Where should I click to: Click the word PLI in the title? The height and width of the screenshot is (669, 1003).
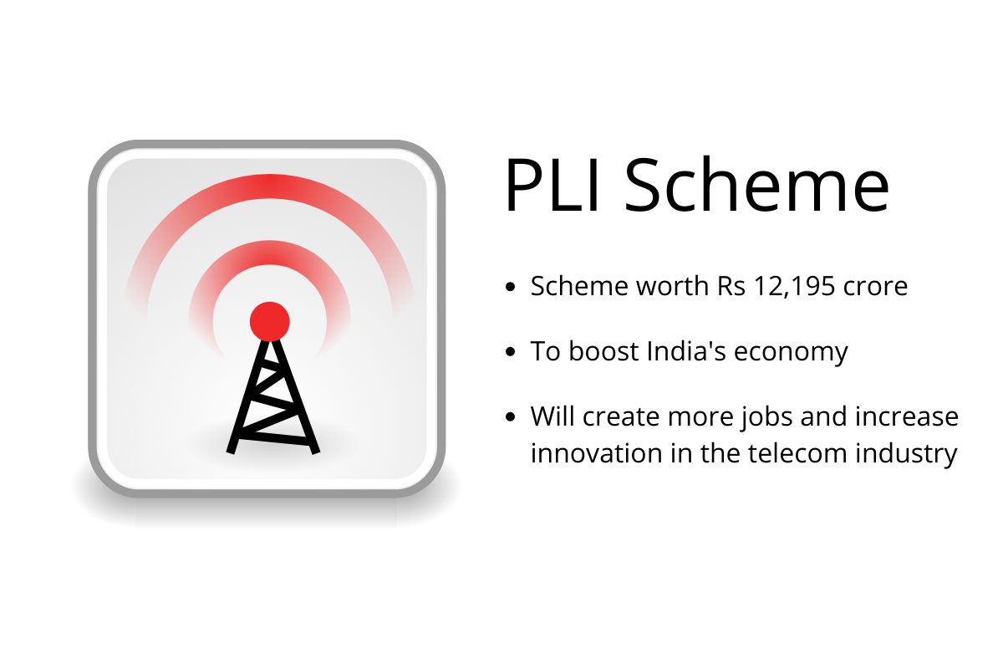pos(552,184)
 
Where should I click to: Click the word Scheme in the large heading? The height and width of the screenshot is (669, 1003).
pos(756,184)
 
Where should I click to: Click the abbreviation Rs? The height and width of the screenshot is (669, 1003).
pos(731,286)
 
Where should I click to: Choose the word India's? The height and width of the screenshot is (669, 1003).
pos(686,351)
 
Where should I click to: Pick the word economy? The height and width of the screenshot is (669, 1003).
pos(791,354)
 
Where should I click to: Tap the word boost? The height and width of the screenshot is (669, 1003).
pos(603,350)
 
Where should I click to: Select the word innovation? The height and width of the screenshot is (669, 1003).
pos(596,453)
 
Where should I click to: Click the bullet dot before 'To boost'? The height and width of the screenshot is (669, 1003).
pos(510,351)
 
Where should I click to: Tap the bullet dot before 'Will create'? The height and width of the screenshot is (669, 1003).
pos(510,417)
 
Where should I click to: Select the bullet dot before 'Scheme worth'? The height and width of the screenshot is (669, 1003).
pos(510,286)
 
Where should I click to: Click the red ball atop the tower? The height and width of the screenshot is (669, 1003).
pos(269,322)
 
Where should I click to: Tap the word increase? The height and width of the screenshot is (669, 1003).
pos(906,416)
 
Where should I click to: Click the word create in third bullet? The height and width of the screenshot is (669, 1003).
pos(621,417)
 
